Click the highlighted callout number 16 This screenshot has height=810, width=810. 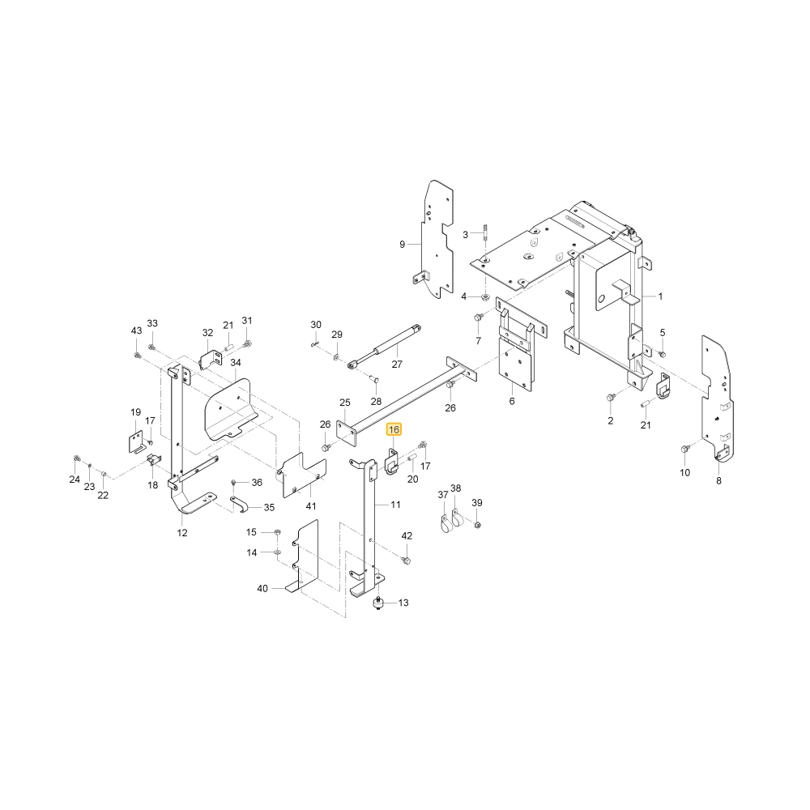pyautogui.click(x=394, y=429)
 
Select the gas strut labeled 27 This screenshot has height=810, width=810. pyautogui.click(x=385, y=347)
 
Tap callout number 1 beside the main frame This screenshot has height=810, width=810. pyautogui.click(x=660, y=296)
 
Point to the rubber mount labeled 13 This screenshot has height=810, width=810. pyautogui.click(x=380, y=603)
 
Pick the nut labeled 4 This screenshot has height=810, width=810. pyautogui.click(x=485, y=296)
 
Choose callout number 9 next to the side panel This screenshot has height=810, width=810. pyautogui.click(x=402, y=245)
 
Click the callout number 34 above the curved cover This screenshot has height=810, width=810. pyautogui.click(x=236, y=363)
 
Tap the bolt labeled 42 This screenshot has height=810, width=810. pyautogui.click(x=406, y=560)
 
